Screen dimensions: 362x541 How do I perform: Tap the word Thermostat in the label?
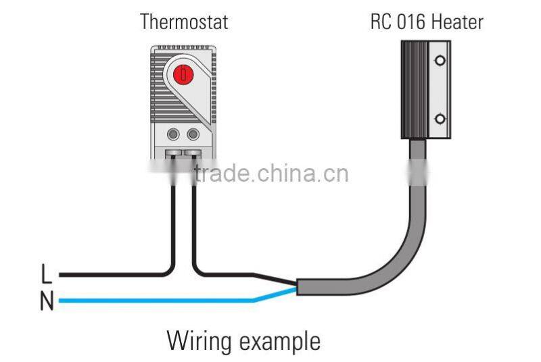[x=184, y=22]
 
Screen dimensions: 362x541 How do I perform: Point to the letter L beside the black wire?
[x=46, y=274]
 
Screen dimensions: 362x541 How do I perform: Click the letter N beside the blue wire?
[x=46, y=301]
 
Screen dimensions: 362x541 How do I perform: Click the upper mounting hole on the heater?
[x=440, y=61]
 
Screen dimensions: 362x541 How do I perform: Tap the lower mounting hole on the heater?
[x=440, y=120]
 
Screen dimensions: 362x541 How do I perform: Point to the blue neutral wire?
[x=156, y=301]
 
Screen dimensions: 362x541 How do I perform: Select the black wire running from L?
[x=108, y=275]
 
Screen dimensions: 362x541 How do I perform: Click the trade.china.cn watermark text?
[x=270, y=173]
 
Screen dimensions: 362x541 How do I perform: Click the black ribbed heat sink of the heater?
[x=415, y=88]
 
